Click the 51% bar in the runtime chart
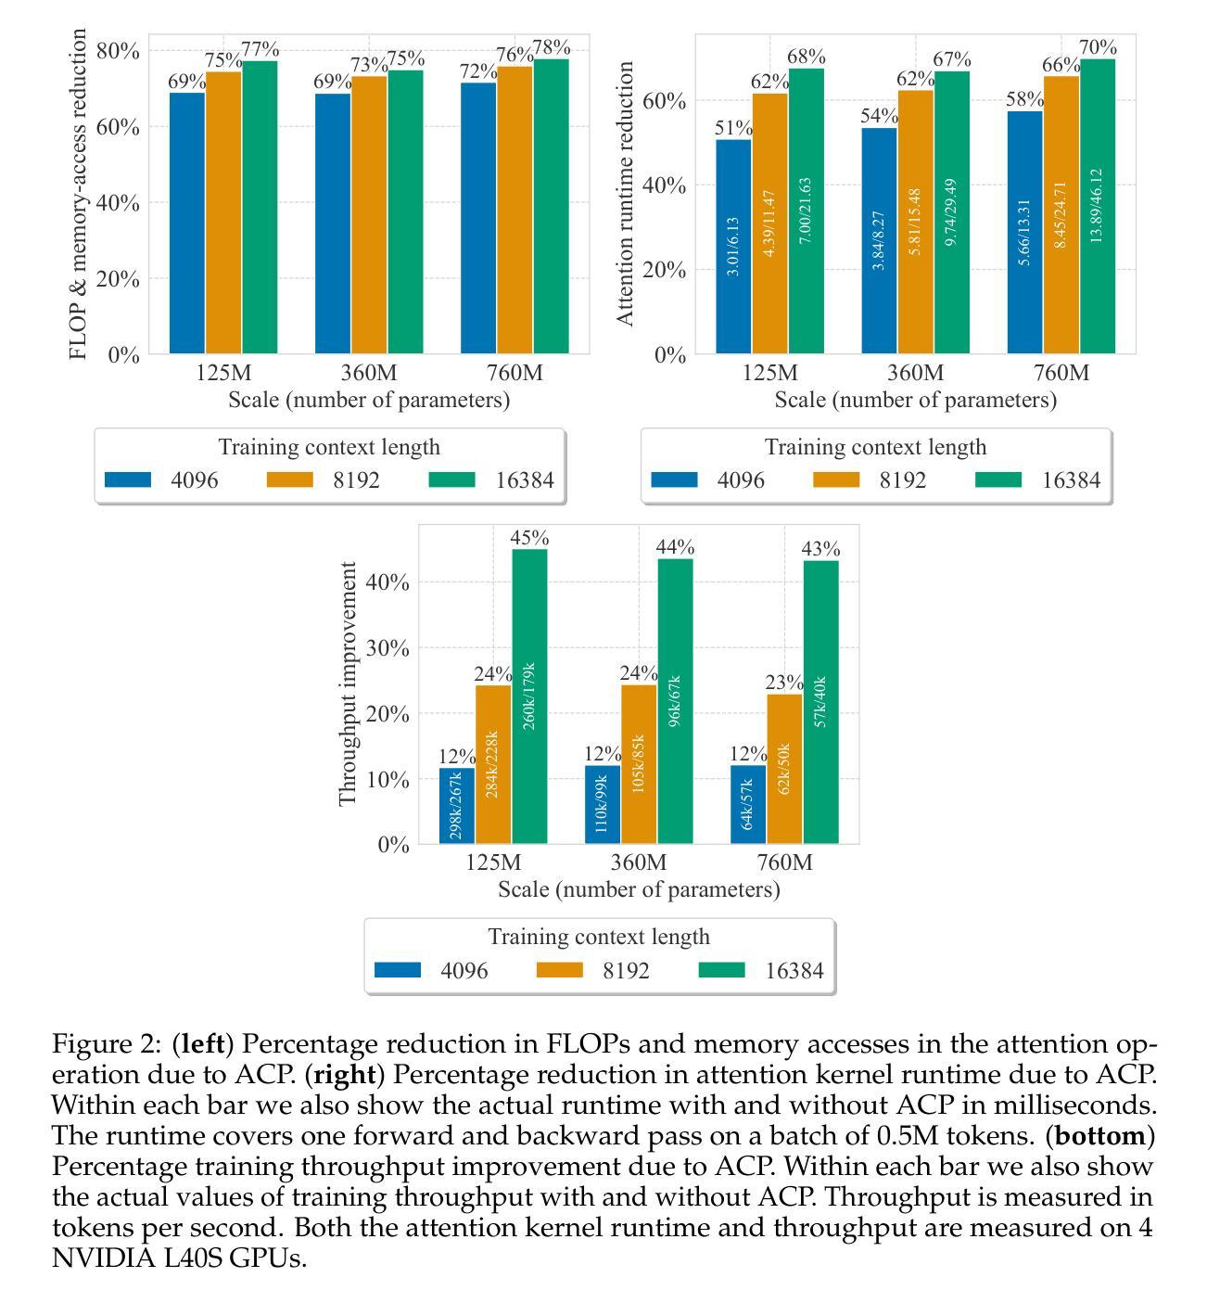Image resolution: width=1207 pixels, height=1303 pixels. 733,247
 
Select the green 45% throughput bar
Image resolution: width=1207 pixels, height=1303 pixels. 529,696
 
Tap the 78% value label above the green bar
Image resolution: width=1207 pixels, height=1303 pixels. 552,47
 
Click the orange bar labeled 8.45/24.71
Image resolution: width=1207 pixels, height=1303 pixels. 1061,215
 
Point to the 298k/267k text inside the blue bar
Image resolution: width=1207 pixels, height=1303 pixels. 456,806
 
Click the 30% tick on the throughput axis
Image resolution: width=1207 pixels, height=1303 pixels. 387,648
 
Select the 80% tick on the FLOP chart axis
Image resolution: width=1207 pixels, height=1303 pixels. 118,50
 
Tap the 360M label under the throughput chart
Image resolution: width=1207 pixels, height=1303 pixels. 639,862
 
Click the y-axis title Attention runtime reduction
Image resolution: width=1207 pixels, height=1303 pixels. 625,194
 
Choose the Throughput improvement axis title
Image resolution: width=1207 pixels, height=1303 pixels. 347,683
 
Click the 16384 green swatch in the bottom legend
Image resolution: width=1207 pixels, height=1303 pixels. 721,970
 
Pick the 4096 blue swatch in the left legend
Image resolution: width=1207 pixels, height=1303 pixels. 128,479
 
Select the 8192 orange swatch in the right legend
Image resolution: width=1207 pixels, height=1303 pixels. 835,479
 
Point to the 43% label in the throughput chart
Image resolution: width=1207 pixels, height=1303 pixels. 820,548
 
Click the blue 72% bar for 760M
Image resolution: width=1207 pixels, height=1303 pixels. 478,219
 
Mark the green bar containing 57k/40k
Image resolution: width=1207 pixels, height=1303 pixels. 820,702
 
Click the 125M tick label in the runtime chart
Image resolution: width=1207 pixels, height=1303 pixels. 770,373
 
